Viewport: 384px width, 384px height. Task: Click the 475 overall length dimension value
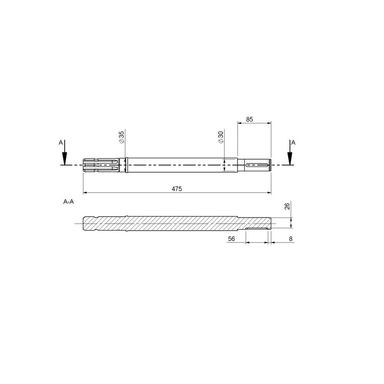(177, 189)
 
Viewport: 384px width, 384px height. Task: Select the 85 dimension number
(249, 120)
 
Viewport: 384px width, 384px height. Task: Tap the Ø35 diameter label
(121, 137)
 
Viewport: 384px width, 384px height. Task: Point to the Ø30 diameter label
(221, 137)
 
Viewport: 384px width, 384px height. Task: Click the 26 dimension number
(287, 206)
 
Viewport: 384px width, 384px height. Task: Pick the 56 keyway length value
(231, 239)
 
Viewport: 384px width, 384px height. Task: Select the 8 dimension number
(291, 239)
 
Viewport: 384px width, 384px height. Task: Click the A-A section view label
(68, 202)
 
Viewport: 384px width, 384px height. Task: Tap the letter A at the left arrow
(61, 142)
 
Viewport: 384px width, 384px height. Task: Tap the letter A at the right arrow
(293, 142)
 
